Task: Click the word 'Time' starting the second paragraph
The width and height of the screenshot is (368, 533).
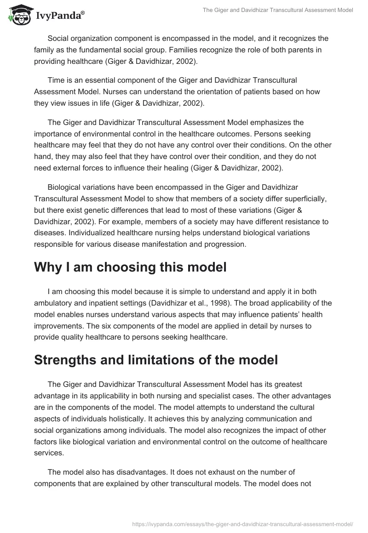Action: point(56,80)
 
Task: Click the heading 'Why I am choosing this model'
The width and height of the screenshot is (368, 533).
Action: point(130,267)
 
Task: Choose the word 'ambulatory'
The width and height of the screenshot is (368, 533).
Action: point(53,303)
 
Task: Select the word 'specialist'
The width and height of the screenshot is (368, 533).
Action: point(214,396)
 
